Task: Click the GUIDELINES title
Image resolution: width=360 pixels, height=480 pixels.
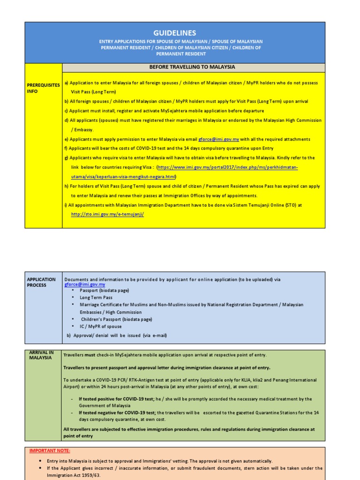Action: (175, 33)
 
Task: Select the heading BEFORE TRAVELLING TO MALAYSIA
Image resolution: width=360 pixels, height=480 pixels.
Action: (192, 67)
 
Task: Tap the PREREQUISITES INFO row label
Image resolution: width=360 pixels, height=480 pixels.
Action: (43, 88)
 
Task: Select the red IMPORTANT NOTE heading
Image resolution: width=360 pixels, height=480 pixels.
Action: (50, 450)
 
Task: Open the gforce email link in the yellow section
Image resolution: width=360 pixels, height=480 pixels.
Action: (219, 139)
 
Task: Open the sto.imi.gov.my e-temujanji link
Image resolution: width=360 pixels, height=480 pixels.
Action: (107, 214)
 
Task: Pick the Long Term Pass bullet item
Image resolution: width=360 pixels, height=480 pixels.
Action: (96, 298)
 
